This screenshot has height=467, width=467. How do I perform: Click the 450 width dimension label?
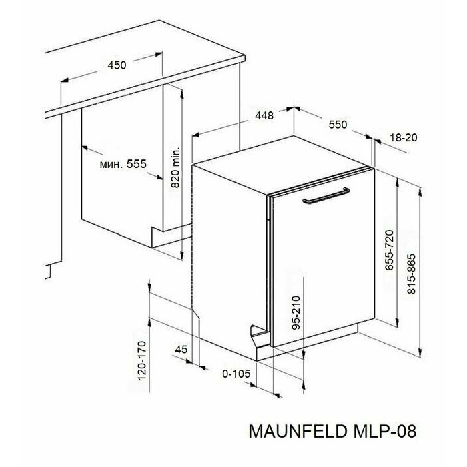click(x=117, y=65)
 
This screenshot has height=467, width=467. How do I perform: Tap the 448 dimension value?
click(x=264, y=115)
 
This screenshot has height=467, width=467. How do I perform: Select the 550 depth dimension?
click(x=338, y=125)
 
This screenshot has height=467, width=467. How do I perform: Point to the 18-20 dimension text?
click(x=404, y=137)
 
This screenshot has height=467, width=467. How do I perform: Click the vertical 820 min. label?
click(x=175, y=167)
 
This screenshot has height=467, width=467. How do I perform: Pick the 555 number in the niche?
click(x=137, y=164)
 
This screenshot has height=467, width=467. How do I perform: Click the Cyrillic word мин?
click(x=111, y=164)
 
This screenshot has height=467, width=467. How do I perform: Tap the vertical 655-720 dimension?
click(x=389, y=250)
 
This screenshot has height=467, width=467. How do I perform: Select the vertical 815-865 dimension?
click(x=411, y=274)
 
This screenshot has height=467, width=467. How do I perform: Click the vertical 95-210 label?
click(x=296, y=313)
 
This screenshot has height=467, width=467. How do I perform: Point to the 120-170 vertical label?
click(x=142, y=361)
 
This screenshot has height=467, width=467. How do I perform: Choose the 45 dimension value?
click(x=181, y=349)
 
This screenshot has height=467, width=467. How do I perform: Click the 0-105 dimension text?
click(x=236, y=374)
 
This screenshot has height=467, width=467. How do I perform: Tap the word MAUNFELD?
click(x=298, y=431)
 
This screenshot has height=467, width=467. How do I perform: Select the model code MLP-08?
click(x=385, y=431)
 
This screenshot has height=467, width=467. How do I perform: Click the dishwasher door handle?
click(x=326, y=196)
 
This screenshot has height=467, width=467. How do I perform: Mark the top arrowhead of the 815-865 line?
click(x=420, y=192)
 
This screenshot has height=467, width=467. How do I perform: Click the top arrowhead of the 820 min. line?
click(x=182, y=93)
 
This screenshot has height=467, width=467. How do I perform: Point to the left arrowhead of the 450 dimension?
click(x=65, y=80)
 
